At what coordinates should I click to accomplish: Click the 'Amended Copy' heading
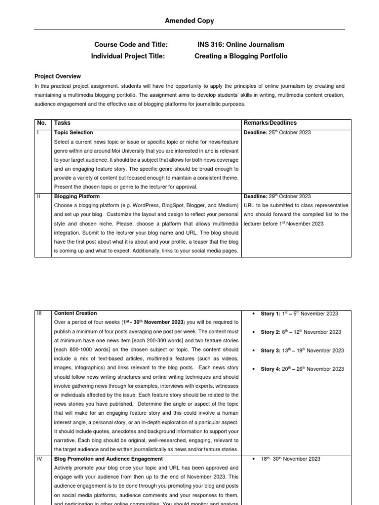(x=189, y=21)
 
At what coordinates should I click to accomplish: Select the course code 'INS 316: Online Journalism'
(x=240, y=44)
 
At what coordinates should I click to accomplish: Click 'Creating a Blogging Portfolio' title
(x=241, y=56)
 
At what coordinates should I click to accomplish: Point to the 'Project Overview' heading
(x=57, y=76)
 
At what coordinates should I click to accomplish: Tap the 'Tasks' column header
(x=63, y=123)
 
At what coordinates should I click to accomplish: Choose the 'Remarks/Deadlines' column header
(x=270, y=123)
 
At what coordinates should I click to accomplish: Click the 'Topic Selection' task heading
(x=74, y=133)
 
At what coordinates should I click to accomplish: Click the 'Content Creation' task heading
(x=76, y=313)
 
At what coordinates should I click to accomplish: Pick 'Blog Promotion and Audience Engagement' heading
(x=108, y=459)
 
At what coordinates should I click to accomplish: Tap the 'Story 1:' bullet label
(x=270, y=314)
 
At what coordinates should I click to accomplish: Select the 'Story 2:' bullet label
(x=270, y=332)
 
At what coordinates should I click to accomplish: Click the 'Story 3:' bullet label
(x=270, y=351)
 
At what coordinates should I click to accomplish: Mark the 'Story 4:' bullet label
(x=270, y=369)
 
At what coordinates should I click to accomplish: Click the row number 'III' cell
(x=39, y=313)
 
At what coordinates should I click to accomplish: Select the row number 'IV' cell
(x=39, y=459)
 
